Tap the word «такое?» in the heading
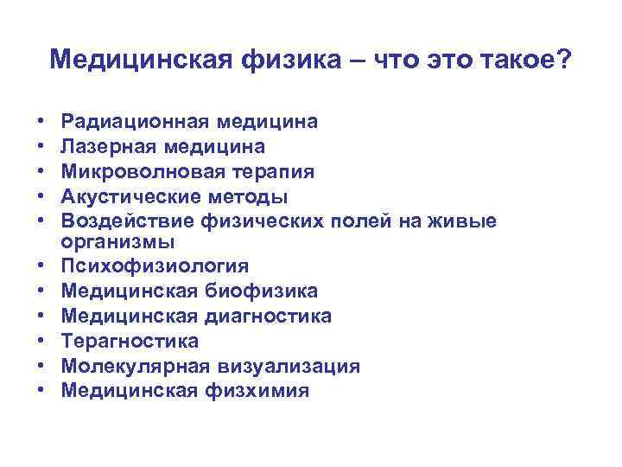528,60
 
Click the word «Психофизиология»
150,266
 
